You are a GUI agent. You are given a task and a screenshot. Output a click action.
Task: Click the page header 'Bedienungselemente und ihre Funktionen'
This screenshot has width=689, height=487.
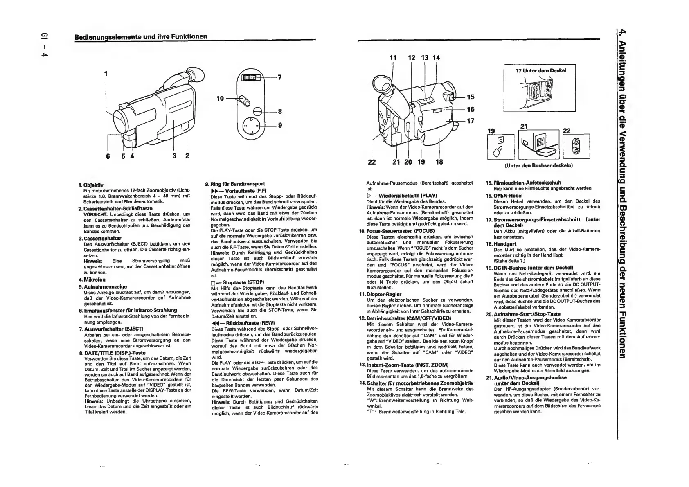pyautogui.click(x=140, y=36)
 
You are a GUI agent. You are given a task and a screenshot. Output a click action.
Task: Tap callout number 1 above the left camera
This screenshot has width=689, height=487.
pyautogui.click(x=106, y=74)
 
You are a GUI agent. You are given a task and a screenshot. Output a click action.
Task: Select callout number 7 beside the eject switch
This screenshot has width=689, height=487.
pyautogui.click(x=280, y=77)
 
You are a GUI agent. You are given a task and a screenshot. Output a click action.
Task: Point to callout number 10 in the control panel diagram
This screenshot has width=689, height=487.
pyautogui.click(x=220, y=99)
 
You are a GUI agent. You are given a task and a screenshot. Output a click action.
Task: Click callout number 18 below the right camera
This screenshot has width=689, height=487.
pyautogui.click(x=439, y=162)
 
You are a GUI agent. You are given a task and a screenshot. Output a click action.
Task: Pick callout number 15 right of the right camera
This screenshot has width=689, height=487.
pyautogui.click(x=471, y=97)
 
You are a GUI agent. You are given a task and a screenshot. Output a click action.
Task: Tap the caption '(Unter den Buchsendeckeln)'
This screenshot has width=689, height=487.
pyautogui.click(x=539, y=165)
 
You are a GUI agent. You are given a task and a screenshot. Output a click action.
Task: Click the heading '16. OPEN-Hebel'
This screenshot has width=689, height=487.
pyautogui.click(x=505, y=196)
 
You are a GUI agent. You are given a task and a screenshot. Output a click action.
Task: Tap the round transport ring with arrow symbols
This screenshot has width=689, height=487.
pyautogui.click(x=250, y=126)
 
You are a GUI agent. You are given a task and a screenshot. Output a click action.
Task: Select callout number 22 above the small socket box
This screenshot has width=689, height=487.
pyautogui.click(x=567, y=131)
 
